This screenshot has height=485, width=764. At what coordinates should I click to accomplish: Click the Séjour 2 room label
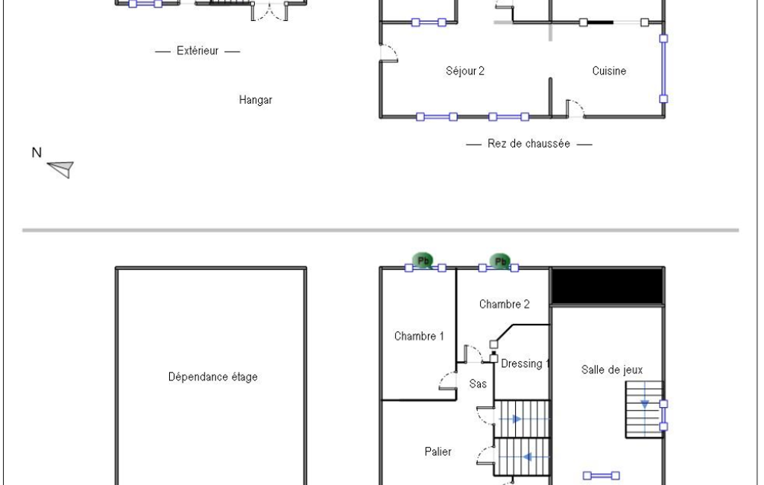tap(465, 71)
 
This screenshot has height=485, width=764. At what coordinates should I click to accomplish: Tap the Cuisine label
tap(609, 71)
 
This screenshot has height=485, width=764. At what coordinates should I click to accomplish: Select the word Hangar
tap(256, 100)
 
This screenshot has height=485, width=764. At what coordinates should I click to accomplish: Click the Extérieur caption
tap(198, 51)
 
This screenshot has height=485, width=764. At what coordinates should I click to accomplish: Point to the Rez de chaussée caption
tap(528, 144)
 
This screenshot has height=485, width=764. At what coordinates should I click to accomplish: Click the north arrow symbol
tap(61, 169)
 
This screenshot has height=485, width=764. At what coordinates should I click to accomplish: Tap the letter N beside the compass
tap(37, 153)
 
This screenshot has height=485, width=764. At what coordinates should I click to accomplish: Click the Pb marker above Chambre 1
tap(423, 260)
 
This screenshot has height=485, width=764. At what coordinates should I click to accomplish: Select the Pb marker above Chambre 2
tap(500, 262)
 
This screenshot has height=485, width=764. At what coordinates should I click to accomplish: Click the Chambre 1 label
tap(419, 337)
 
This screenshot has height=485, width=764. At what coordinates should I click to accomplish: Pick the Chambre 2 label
tap(505, 304)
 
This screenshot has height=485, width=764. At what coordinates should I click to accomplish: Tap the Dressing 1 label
tap(525, 364)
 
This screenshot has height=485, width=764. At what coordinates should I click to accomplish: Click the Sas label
tap(478, 384)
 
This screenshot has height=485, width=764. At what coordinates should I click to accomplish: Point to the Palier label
tap(438, 452)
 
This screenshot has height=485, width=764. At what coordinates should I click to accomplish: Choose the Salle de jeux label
tap(612, 370)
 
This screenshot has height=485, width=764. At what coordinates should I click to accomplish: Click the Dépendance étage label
tap(213, 377)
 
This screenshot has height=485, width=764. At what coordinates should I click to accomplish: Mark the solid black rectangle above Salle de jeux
tap(607, 287)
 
